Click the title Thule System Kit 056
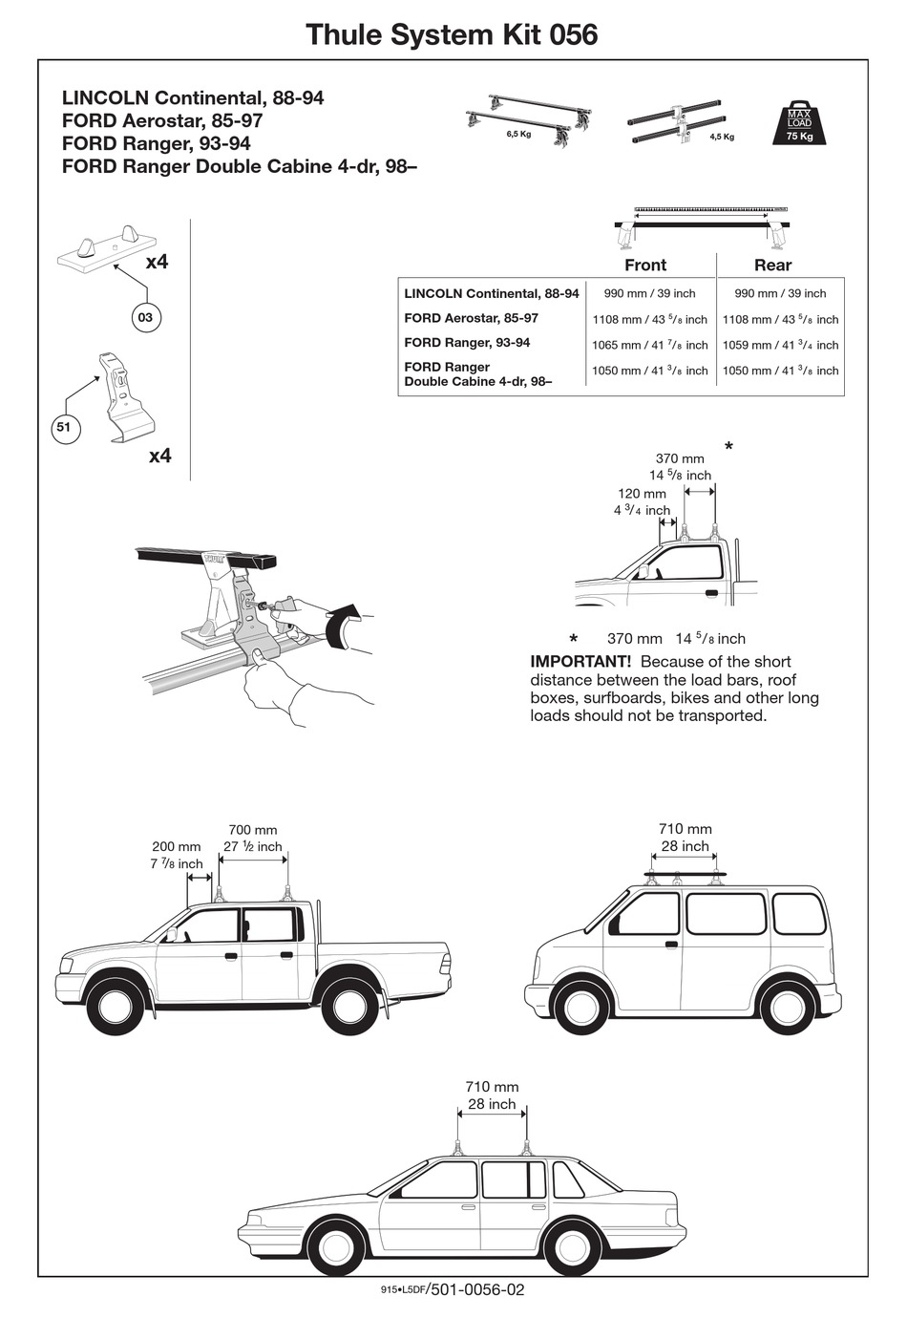(x=452, y=34)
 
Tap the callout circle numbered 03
(x=145, y=317)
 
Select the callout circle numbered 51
(x=63, y=428)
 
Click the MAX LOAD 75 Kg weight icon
(x=799, y=123)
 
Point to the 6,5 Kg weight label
(x=518, y=135)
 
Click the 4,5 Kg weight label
(x=722, y=137)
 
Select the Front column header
(x=645, y=265)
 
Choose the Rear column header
(x=772, y=265)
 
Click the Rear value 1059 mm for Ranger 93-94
(x=780, y=345)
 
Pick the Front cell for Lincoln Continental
(x=649, y=293)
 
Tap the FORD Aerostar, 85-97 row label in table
(x=471, y=318)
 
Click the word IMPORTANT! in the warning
(x=580, y=662)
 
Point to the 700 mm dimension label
(x=253, y=830)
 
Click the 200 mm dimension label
(x=177, y=846)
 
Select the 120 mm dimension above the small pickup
(x=642, y=494)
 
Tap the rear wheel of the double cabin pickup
(x=349, y=1006)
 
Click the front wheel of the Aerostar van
(x=580, y=1007)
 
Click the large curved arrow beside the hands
(x=343, y=625)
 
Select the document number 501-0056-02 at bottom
(x=477, y=1289)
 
